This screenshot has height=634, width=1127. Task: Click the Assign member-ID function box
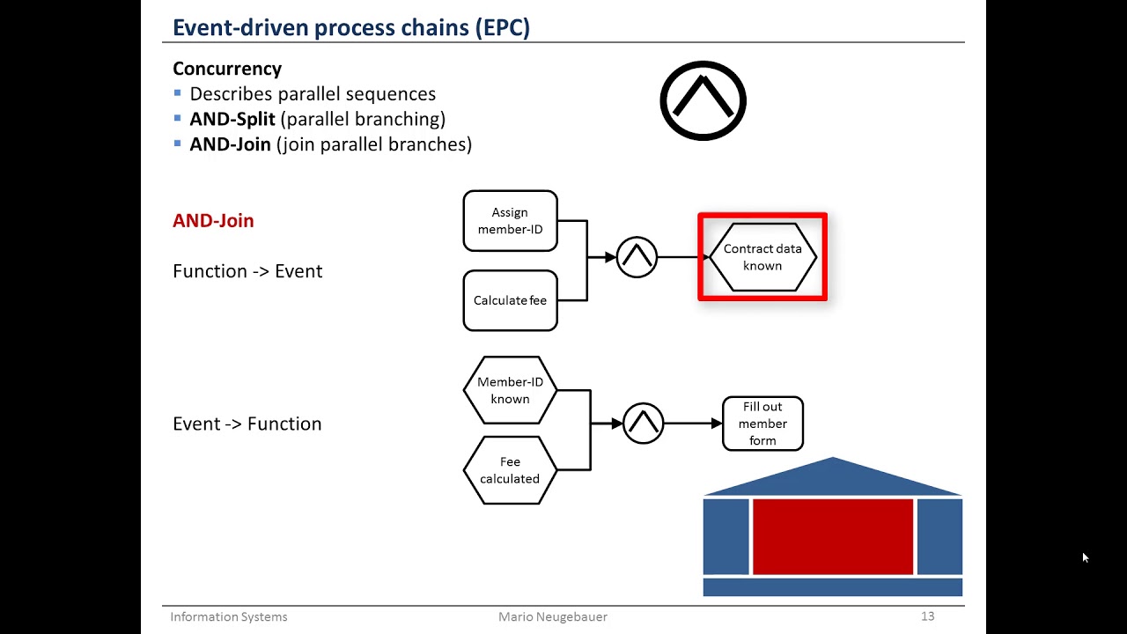pos(510,221)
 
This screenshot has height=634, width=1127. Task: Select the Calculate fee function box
pos(510,300)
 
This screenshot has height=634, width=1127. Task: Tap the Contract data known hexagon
pos(762,257)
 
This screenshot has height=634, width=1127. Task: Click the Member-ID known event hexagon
pos(510,390)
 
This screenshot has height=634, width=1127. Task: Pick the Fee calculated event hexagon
pos(510,470)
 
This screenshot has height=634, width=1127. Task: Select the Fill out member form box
pos(762,424)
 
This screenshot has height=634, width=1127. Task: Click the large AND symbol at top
pos(703,100)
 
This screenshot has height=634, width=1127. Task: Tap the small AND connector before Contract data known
pos(637,257)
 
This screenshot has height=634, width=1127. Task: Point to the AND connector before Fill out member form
pos(643,424)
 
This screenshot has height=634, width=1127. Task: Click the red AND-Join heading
pos(213,221)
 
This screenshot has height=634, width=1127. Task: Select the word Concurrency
pos(227,69)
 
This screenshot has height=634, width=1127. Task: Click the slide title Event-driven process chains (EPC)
pos(351,27)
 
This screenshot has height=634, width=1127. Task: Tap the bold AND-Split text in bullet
pos(232,119)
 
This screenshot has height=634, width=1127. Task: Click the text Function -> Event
pos(247,271)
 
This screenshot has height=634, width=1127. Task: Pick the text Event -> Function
pos(247,424)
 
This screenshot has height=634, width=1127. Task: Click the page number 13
pos(927,616)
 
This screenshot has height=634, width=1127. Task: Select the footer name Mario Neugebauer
pos(553,616)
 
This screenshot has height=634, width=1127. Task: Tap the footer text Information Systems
pos(229,616)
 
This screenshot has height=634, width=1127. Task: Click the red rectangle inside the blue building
pos(832,536)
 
